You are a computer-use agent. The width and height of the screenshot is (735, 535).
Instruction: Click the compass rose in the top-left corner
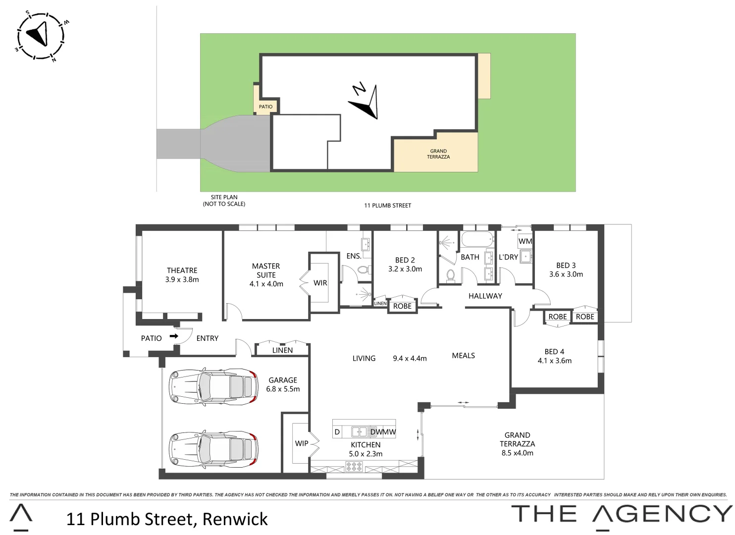click(41, 36)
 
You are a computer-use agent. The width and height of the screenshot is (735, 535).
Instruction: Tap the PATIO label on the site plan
click(265, 107)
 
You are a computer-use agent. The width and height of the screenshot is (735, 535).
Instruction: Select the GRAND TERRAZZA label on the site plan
click(438, 154)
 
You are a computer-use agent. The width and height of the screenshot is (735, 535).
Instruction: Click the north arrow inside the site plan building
click(366, 102)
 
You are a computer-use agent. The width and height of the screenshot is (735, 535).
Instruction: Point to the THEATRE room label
click(182, 270)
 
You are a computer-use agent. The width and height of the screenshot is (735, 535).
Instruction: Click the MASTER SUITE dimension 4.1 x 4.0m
click(266, 284)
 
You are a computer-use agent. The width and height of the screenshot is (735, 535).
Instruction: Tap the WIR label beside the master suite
click(320, 283)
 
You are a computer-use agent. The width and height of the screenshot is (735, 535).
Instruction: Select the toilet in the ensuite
click(363, 270)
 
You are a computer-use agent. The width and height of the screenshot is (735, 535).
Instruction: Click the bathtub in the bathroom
click(477, 240)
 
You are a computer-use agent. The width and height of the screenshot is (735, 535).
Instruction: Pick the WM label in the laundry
click(525, 241)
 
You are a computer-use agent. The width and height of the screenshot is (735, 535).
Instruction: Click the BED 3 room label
click(566, 266)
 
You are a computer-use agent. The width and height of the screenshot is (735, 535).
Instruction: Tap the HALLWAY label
click(485, 296)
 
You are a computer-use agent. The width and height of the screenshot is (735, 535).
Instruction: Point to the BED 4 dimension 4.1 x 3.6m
click(555, 361)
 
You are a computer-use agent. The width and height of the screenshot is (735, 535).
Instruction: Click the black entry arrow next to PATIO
click(174, 336)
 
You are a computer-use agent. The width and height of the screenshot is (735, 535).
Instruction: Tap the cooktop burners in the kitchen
click(354, 466)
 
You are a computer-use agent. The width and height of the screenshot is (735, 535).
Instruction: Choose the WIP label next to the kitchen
click(302, 443)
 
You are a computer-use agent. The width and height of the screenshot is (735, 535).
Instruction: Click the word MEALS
click(464, 356)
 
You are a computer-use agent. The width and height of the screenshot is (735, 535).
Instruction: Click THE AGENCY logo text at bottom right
click(622, 514)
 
